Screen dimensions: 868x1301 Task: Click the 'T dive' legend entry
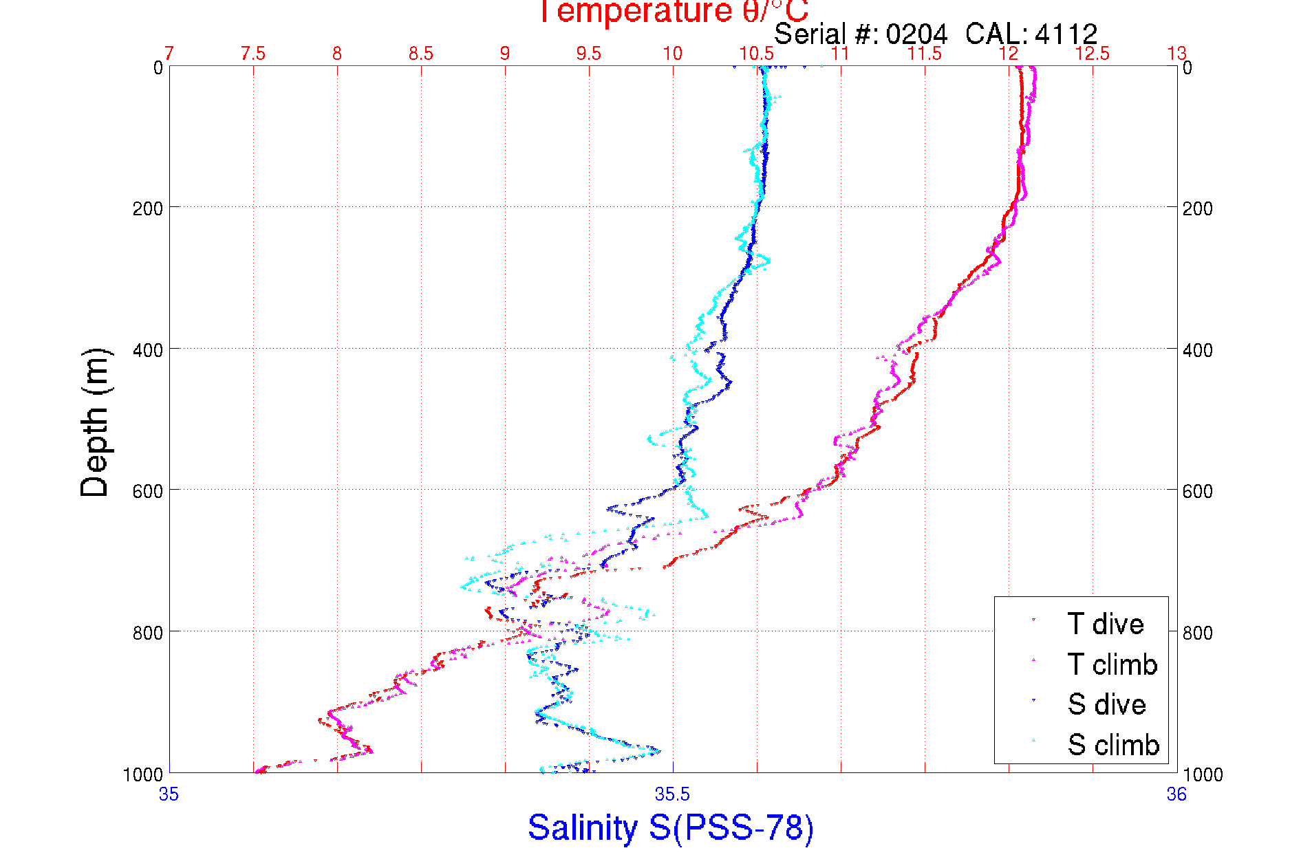[x=1105, y=624]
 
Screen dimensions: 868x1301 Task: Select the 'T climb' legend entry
[x=1112, y=664]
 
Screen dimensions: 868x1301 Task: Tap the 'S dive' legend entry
[x=1106, y=704]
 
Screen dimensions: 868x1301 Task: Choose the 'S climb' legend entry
[x=1113, y=745]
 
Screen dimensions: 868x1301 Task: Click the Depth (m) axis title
[x=95, y=422]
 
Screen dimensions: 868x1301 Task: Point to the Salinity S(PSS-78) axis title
[x=671, y=827]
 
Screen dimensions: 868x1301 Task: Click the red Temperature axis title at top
[x=673, y=12]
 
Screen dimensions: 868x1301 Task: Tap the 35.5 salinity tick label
[x=672, y=794]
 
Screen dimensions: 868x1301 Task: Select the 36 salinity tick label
[x=1176, y=794]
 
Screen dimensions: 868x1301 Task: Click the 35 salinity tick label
[x=169, y=794]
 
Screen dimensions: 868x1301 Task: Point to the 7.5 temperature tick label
[x=253, y=54]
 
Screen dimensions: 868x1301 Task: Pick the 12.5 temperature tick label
[x=1093, y=54]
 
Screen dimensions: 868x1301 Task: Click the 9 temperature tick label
[x=505, y=54]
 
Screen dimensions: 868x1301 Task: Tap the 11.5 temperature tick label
[x=925, y=54]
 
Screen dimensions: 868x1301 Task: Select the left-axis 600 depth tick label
[x=147, y=491]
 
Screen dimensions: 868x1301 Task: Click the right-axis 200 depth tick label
[x=1198, y=208]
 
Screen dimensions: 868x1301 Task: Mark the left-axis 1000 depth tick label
[x=143, y=775]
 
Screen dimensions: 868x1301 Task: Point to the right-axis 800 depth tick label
[x=1198, y=633]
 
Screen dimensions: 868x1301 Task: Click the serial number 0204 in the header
[x=916, y=34]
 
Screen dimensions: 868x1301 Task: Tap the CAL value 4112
[x=1066, y=34]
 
